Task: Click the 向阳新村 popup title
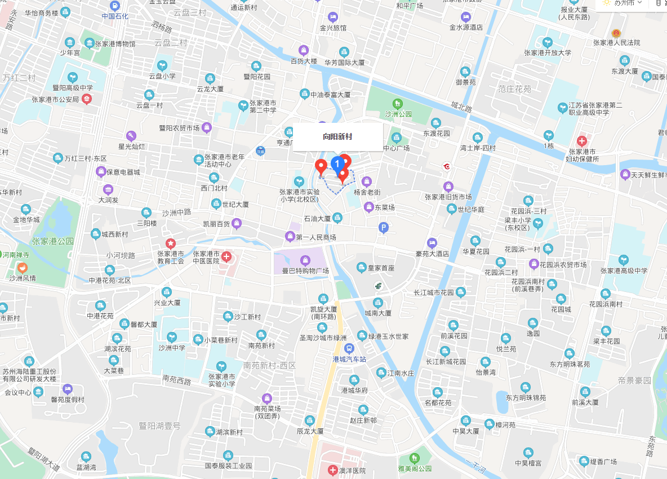pos(337,136)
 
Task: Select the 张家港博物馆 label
pos(115,44)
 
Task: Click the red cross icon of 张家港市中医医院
pos(226,258)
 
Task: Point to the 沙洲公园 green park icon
pos(398,104)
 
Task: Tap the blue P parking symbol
pos(384,228)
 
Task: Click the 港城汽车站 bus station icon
pos(349,349)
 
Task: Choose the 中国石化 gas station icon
pos(115,6)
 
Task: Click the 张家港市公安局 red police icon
pos(87,99)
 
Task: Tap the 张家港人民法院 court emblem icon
pos(616,33)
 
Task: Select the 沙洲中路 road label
pos(177,213)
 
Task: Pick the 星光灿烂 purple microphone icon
pos(131,136)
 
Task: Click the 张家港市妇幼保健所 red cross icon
pos(582,140)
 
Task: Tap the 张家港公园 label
pos(53,241)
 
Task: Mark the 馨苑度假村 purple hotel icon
pos(68,389)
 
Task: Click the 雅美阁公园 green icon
pos(415,458)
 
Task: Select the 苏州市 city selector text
pos(624,3)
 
